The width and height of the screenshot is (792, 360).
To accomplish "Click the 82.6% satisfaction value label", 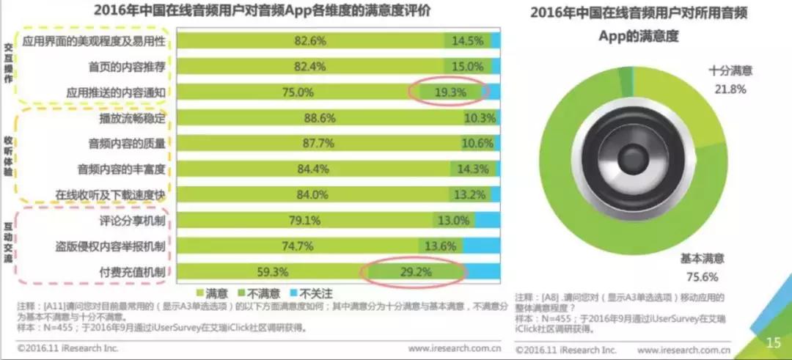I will tap(309, 41).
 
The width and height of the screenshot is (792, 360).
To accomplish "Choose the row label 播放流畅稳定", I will tap(132, 118).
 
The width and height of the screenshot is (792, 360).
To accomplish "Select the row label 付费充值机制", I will tap(132, 273).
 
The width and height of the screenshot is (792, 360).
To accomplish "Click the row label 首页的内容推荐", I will tap(127, 67).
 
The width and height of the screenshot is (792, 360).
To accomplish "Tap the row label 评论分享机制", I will tap(132, 221).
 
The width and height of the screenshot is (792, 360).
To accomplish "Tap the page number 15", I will tap(773, 342).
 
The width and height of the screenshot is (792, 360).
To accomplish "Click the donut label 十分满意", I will tap(730, 72).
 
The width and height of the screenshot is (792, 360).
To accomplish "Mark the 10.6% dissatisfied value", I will tap(479, 144).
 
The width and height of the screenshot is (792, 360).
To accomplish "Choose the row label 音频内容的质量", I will tap(127, 144).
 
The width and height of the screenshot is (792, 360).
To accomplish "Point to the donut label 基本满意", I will tap(702, 258).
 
